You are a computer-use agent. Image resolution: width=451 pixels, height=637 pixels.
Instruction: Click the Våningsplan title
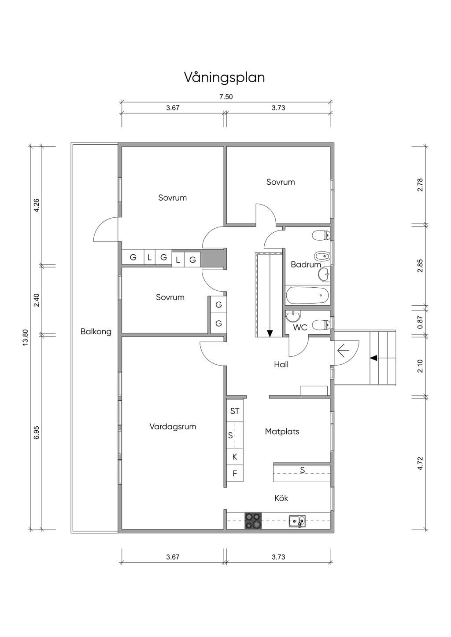pos(224,77)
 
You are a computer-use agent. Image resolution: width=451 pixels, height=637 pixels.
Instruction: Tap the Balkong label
pos(96,332)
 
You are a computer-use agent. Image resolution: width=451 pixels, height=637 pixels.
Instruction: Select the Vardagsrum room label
pos(173,427)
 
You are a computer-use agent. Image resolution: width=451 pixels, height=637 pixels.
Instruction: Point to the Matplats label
pos(282,432)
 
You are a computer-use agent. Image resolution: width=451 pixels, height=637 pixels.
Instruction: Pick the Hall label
pos(281,364)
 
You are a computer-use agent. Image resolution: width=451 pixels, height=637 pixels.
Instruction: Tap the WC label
pos(300,327)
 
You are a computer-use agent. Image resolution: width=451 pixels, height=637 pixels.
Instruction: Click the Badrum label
pos(306,264)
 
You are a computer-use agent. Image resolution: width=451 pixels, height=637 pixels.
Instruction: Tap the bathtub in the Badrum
pos(307,296)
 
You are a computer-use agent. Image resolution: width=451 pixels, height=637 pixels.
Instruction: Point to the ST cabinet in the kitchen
pos(235,410)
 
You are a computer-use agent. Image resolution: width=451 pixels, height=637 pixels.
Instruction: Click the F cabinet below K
pos(235,473)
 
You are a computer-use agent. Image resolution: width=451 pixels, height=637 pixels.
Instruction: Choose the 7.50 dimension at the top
pos(226,97)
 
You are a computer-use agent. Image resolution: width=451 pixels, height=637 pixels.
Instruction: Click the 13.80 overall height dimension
pos(26,337)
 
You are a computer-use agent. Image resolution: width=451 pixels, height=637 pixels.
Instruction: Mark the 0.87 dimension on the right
pos(420,322)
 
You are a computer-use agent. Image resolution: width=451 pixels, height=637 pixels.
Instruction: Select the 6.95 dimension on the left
pos(37,432)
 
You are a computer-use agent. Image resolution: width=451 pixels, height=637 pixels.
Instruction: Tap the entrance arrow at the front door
pos(343,351)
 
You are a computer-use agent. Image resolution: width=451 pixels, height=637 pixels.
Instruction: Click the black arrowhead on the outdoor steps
pos(373,358)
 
